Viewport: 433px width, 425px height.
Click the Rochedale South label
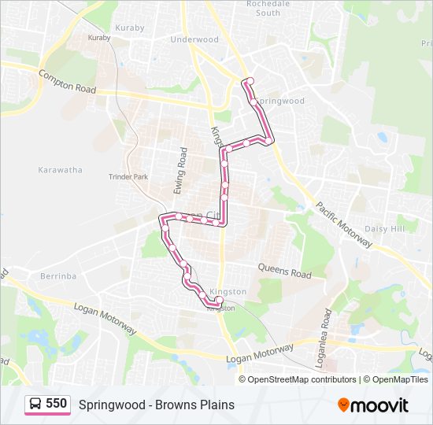pyautogui.click(x=268, y=8)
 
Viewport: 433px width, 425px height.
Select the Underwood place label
pyautogui.click(x=194, y=39)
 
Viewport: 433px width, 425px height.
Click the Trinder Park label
pyautogui.click(x=128, y=177)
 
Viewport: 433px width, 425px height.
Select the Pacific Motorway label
pyautogui.click(x=344, y=224)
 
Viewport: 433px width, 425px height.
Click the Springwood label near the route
pyautogui.click(x=282, y=102)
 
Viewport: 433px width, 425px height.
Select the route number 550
pyautogui.click(x=56, y=404)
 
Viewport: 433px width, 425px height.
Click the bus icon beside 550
pyautogui.click(x=35, y=405)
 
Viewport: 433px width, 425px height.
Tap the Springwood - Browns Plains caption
pyautogui.click(x=156, y=405)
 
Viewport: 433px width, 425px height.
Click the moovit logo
pyautogui.click(x=373, y=405)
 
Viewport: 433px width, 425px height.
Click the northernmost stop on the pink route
pyautogui.click(x=248, y=81)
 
